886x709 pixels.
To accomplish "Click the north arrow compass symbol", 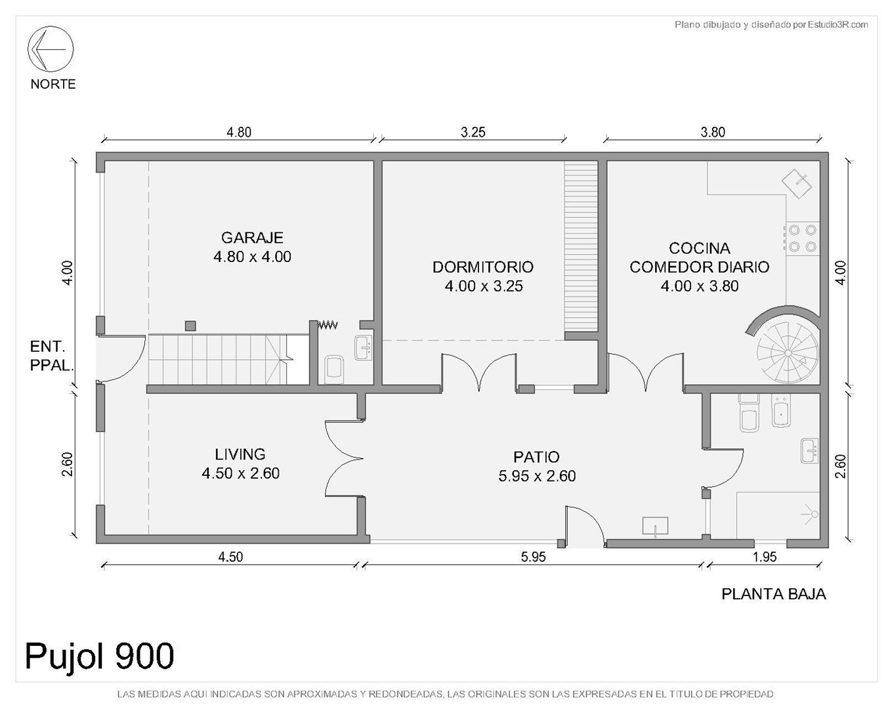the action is [x=51, y=49].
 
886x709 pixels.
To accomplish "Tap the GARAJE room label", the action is [x=252, y=238].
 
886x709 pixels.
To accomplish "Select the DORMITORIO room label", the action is [x=483, y=267].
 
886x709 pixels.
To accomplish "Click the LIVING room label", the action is [x=240, y=454].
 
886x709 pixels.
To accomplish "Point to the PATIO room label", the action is [x=536, y=457].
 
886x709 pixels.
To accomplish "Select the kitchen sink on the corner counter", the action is [x=797, y=184].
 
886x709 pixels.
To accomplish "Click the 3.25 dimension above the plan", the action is [x=473, y=132].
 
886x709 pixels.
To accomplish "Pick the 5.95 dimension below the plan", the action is [x=533, y=557].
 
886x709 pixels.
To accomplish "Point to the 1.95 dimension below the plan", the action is [x=765, y=557].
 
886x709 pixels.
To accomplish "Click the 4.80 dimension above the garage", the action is [x=239, y=132].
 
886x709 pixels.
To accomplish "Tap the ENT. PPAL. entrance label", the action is [x=51, y=356].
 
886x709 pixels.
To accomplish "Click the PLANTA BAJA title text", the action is [x=774, y=594].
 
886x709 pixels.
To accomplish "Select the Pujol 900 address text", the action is [x=100, y=656].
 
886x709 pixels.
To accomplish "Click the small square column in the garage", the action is [x=190, y=326].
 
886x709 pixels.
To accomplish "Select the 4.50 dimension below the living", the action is [x=230, y=557].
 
